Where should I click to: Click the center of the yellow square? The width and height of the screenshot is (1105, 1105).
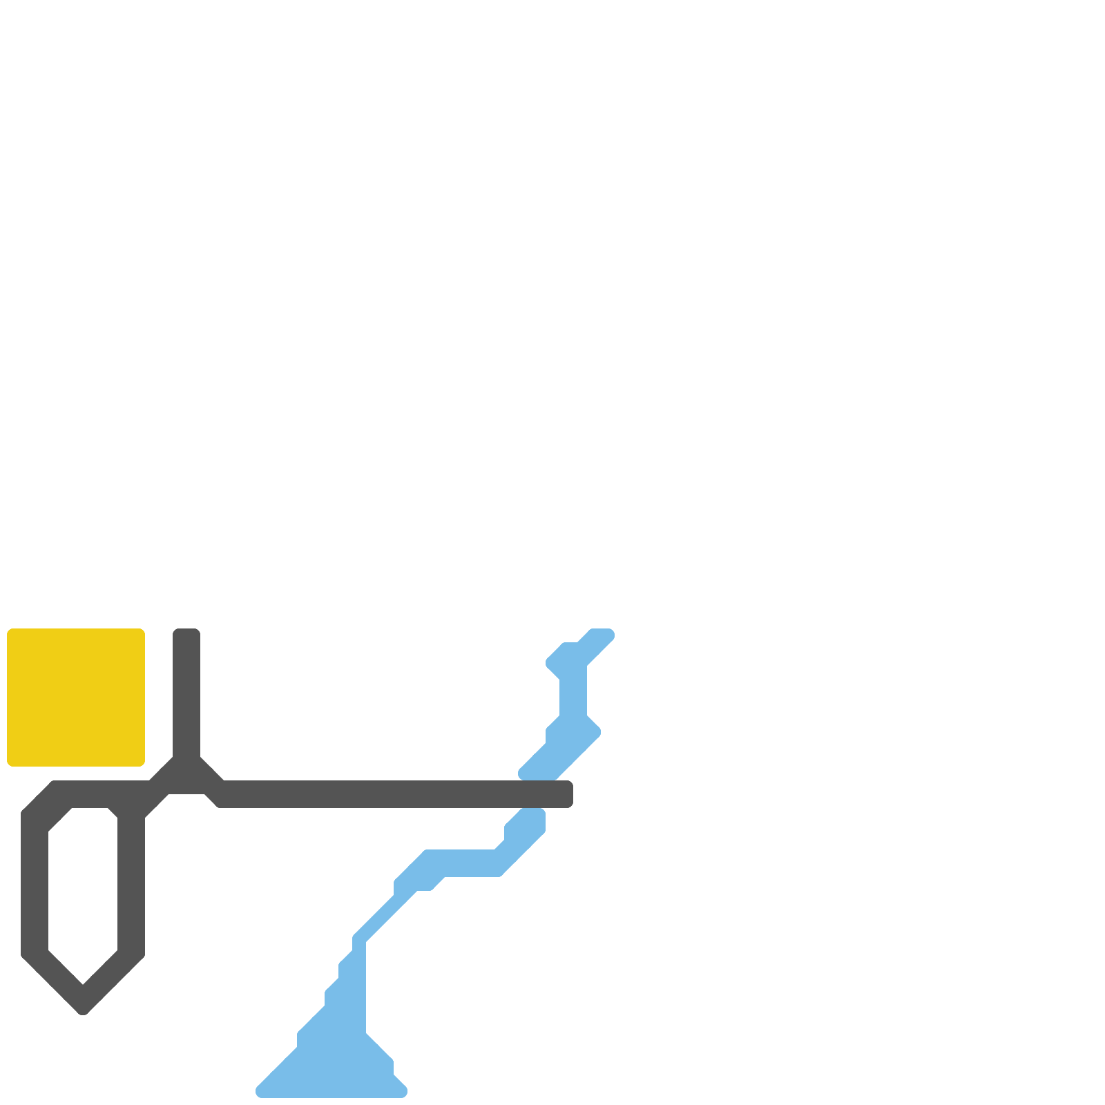[x=76, y=698]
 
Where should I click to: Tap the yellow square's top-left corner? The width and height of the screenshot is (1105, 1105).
[x=8, y=630]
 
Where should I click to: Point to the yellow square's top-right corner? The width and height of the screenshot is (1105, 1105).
[x=144, y=630]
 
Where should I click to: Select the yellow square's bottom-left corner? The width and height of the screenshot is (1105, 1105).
[x=8, y=765]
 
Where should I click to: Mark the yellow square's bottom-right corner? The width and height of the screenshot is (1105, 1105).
[x=144, y=765]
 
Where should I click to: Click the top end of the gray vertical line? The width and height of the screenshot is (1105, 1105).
[x=186, y=631]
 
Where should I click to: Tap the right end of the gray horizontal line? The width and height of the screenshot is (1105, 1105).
[x=570, y=794]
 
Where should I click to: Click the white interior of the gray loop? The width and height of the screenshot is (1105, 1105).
[x=83, y=891]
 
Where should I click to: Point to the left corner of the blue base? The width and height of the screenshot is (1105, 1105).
[x=260, y=1091]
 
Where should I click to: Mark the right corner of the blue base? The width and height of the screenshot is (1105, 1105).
[x=403, y=1091]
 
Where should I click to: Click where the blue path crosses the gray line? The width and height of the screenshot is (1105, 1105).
[x=535, y=794]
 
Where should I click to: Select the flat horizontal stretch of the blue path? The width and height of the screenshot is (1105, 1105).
[x=463, y=863]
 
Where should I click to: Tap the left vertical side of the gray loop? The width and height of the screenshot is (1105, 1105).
[x=35, y=891]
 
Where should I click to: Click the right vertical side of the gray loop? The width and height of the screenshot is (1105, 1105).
[x=131, y=891]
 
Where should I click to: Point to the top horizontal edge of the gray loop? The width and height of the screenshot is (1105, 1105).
[x=90, y=794]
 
